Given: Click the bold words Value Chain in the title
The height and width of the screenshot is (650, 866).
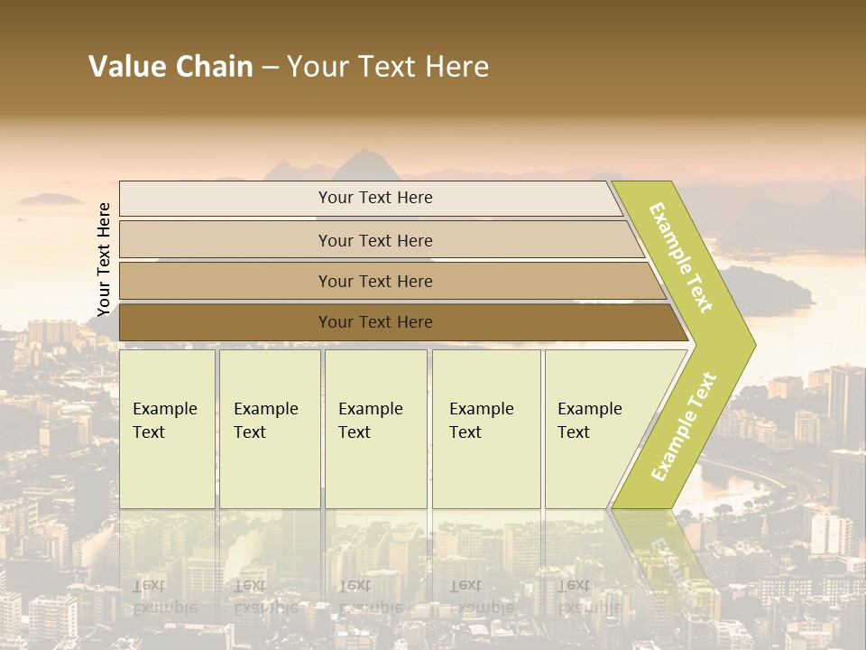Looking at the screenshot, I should click(170, 67).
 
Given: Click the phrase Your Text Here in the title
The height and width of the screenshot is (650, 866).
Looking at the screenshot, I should click(388, 67).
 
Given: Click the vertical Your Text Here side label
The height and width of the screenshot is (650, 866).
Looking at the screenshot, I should click(104, 260).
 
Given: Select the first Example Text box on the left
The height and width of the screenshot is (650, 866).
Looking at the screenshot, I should click(167, 430).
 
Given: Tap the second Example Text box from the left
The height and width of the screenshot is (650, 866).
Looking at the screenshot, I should click(269, 430).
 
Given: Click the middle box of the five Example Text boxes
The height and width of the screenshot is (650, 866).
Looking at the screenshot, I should click(374, 430).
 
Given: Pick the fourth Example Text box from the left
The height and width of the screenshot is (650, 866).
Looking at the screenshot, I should click(485, 430).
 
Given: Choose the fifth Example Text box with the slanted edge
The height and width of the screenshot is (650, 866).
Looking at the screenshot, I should click(595, 430).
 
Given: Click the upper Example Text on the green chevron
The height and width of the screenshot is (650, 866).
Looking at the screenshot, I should click(681, 257).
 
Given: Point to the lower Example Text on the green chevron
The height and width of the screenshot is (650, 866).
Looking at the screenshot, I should click(684, 426).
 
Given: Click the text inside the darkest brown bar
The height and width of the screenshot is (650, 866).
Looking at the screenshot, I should click(375, 322).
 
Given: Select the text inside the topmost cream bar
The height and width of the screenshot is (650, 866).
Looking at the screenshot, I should click(375, 198).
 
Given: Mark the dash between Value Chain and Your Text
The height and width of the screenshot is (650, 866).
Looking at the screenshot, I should click(270, 68).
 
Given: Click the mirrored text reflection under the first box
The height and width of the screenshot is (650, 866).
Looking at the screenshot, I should click(164, 597).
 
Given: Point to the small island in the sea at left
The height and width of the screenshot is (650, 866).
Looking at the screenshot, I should click(50, 199).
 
